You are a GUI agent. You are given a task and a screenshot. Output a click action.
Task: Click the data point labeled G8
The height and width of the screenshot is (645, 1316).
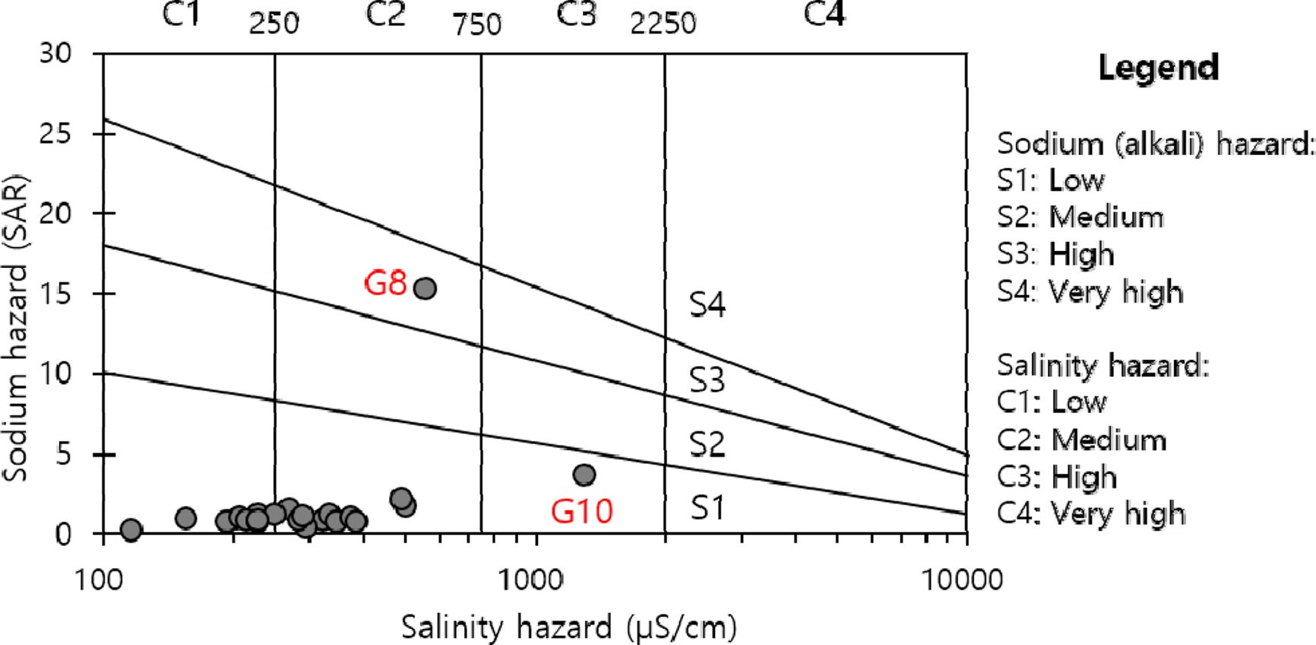(425, 288)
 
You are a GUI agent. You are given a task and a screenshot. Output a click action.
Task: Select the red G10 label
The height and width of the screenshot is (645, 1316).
(581, 511)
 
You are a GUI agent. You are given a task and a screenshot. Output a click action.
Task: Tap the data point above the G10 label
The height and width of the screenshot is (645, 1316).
(584, 475)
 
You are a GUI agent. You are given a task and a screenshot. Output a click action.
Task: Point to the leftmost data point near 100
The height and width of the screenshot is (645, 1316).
(131, 529)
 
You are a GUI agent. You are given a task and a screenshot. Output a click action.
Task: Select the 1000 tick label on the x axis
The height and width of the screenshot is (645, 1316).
(530, 580)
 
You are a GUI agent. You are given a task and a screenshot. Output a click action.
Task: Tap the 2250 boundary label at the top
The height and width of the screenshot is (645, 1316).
(663, 24)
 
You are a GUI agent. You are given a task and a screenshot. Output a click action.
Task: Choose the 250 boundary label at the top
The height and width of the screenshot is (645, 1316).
(274, 24)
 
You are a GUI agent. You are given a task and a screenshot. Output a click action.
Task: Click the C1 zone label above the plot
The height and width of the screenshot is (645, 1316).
(182, 14)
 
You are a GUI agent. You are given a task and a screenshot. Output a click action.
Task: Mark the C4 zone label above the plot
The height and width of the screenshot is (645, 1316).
(824, 14)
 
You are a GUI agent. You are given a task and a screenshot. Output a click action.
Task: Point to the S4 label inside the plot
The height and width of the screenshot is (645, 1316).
(707, 305)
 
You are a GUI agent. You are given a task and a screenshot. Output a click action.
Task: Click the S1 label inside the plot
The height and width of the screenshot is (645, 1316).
(707, 507)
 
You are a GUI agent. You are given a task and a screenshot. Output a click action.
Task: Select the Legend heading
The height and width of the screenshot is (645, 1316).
(1158, 68)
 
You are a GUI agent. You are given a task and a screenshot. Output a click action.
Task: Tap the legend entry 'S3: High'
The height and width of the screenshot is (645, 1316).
(1055, 254)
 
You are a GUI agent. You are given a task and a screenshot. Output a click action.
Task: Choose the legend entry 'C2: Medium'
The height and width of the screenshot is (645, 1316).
(1081, 440)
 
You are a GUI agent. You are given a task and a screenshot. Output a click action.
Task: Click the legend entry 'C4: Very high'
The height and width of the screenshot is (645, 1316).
(1091, 513)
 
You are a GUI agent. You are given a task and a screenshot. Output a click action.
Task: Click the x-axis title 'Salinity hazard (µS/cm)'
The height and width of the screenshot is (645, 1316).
(568, 628)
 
